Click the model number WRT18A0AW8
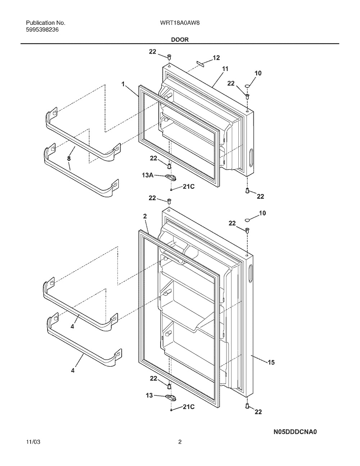pyautogui.click(x=180, y=23)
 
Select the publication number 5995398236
pyautogui.click(x=42, y=30)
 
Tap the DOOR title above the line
pyautogui.click(x=180, y=40)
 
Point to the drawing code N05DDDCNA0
pyautogui.click(x=295, y=432)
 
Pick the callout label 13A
pyautogui.click(x=148, y=175)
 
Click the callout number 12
pyautogui.click(x=216, y=58)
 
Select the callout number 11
pyautogui.click(x=225, y=69)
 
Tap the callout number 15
pyautogui.click(x=271, y=362)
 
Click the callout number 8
pyautogui.click(x=69, y=159)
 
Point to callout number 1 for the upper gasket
pyautogui.click(x=123, y=84)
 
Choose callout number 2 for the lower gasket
pyautogui.click(x=145, y=216)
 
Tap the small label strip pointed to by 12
pyautogui.click(x=200, y=63)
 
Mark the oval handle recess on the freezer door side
pyautogui.click(x=251, y=158)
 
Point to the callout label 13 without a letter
pyautogui.click(x=149, y=395)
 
